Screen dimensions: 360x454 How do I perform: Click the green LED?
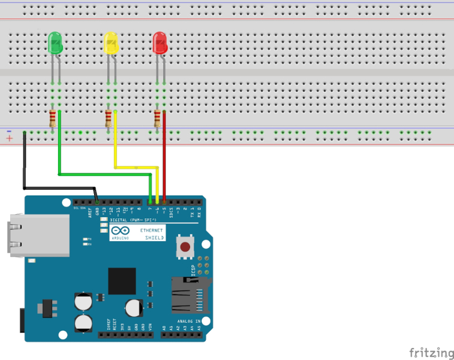[55, 42]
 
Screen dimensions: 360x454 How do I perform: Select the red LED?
[160, 43]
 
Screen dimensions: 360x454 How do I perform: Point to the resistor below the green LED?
[53, 118]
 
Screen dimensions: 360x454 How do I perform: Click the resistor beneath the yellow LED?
[109, 118]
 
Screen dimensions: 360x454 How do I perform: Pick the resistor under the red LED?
[158, 118]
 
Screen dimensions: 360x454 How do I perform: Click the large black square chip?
[122, 281]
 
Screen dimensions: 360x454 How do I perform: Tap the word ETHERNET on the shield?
[151, 230]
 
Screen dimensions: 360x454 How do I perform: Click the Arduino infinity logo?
[120, 230]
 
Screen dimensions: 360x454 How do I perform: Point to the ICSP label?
[193, 269]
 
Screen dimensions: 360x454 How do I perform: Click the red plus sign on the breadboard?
[9, 139]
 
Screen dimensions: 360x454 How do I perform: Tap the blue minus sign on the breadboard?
[9, 131]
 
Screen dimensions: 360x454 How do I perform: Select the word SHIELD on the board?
[154, 238]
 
